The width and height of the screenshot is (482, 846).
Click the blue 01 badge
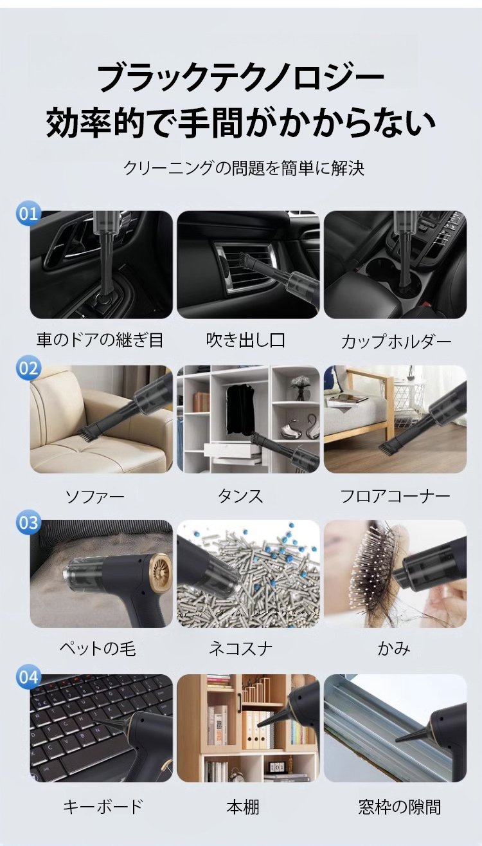click(29, 214)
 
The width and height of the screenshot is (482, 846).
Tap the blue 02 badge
click(29, 368)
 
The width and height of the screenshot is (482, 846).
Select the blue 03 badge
click(29, 523)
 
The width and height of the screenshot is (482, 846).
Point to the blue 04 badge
click(29, 677)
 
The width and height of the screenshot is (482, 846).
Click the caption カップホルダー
click(396, 341)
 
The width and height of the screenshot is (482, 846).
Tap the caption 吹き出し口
click(245, 340)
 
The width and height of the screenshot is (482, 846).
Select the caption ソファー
click(95, 496)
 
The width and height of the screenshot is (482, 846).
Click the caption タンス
click(240, 495)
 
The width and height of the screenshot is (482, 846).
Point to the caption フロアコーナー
click(395, 496)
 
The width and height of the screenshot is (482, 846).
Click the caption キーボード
click(103, 806)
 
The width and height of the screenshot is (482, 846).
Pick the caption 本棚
click(243, 806)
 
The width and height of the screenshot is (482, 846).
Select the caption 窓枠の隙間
click(399, 806)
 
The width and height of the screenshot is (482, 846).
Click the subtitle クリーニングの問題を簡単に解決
click(244, 168)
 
